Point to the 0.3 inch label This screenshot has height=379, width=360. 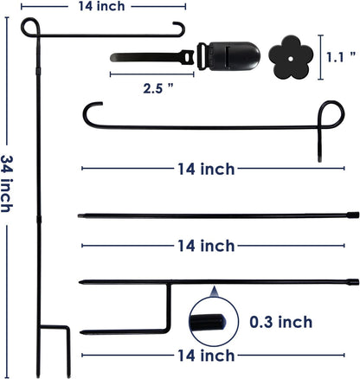pyautogui.click(x=280, y=322)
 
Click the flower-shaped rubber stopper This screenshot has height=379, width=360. pyautogui.click(x=289, y=55)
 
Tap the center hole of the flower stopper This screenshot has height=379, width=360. pyautogui.click(x=289, y=55)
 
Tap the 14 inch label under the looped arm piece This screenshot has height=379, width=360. pyautogui.click(x=204, y=168)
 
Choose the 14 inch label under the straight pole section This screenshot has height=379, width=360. pyautogui.click(x=204, y=246)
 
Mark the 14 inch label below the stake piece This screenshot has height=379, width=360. pyautogui.click(x=204, y=355)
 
